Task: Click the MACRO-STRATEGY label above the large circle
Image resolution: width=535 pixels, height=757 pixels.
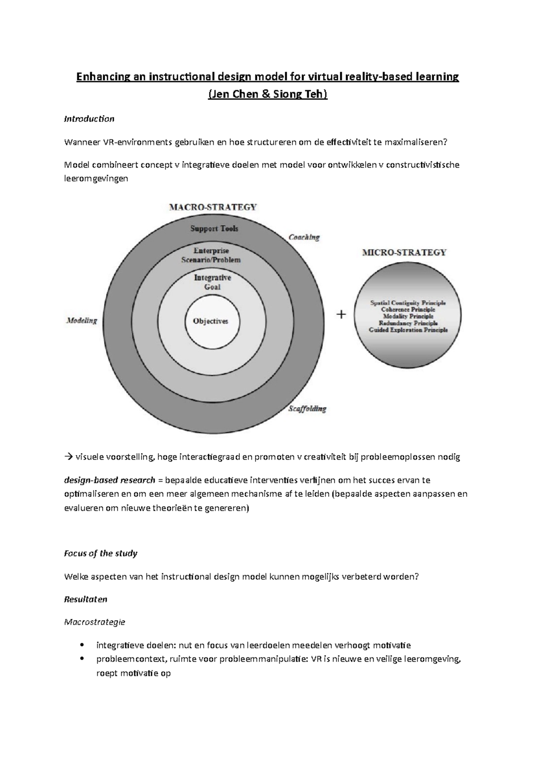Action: (x=213, y=207)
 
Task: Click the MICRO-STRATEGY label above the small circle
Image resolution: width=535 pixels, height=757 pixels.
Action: (x=404, y=252)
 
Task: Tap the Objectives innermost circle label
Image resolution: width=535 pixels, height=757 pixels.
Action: (x=210, y=321)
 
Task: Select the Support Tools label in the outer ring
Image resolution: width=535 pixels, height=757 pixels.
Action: (x=214, y=228)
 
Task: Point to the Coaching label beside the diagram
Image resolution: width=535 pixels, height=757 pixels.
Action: (x=304, y=237)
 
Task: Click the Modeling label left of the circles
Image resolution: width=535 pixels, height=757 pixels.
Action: (x=82, y=320)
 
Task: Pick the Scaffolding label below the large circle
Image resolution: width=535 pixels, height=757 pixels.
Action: (x=307, y=408)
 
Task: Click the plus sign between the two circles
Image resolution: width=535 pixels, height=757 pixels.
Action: (x=341, y=315)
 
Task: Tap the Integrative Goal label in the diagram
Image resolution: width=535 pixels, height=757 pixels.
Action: (x=213, y=282)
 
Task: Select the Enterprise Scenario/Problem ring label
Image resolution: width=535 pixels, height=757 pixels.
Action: (x=211, y=255)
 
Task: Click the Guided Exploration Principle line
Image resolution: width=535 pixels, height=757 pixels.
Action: (x=408, y=330)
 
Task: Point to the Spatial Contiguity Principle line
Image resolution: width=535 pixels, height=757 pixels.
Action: (x=408, y=303)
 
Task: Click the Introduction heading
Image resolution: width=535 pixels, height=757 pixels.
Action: (x=89, y=119)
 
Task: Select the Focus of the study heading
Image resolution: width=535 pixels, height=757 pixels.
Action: (x=101, y=553)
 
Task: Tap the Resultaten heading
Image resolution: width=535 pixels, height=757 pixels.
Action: (x=86, y=599)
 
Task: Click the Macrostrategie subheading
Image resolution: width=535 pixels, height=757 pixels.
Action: (x=95, y=622)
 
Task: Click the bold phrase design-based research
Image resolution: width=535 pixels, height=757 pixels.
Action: (x=110, y=480)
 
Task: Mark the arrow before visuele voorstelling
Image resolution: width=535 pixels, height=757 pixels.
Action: (x=68, y=457)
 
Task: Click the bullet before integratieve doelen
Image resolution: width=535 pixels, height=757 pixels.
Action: (x=81, y=645)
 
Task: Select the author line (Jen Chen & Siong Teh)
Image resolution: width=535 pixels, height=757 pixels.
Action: (x=267, y=95)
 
